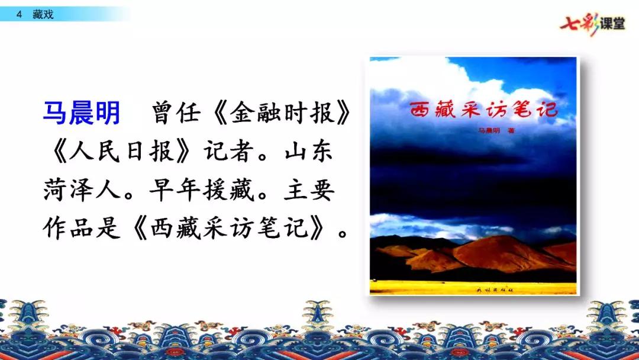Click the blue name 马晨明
(82, 112)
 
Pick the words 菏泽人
(81, 190)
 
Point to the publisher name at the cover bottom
(474, 288)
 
